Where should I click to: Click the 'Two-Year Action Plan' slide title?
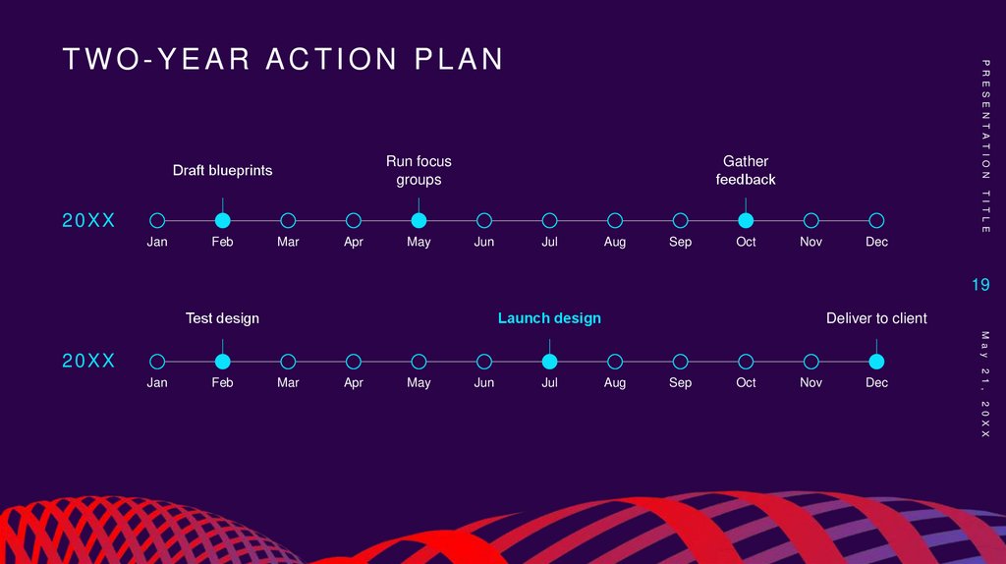(x=283, y=60)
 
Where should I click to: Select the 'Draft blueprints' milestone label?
(x=223, y=170)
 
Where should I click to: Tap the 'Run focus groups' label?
(x=419, y=170)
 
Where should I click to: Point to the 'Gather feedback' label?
(x=746, y=170)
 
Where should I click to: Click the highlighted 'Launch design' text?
(x=549, y=318)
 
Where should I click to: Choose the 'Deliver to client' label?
(x=876, y=318)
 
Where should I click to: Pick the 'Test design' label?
(x=223, y=318)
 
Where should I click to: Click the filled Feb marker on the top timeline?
(x=223, y=220)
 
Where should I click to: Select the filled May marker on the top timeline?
(x=419, y=220)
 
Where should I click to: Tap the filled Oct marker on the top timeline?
(x=746, y=220)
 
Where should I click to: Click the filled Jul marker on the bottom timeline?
(x=549, y=361)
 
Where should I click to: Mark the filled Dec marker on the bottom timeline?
(x=876, y=361)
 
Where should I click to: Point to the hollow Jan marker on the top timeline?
(x=157, y=220)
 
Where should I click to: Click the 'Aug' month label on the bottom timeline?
(x=615, y=382)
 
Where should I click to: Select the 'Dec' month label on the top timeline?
(x=876, y=242)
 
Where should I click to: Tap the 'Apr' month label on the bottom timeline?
(x=354, y=382)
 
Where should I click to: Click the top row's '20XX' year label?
(x=89, y=221)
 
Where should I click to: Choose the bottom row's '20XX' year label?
(x=89, y=362)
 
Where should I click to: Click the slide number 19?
(x=980, y=285)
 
